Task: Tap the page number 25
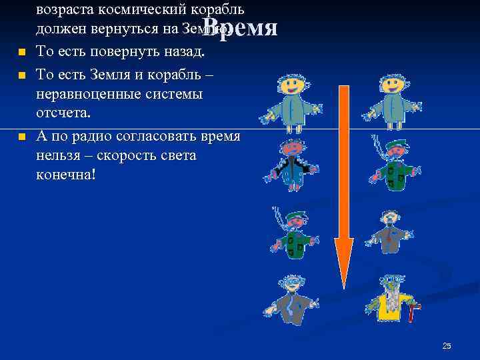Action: click(x=447, y=345)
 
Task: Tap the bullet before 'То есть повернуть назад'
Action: click(x=22, y=53)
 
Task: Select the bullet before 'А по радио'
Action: click(x=22, y=136)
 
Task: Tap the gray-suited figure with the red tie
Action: click(x=390, y=230)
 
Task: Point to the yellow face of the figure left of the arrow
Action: click(x=292, y=86)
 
